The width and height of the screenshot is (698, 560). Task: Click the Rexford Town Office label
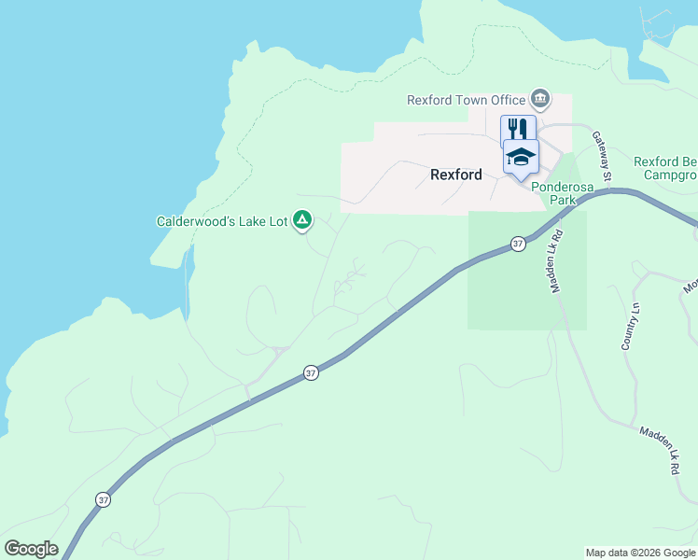point(467,100)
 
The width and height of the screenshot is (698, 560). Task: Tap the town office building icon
point(539,98)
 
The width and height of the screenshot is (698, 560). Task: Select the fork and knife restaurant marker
point(518,128)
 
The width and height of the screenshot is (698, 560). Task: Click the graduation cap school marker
point(521,156)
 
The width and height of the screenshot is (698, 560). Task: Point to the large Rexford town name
point(456,175)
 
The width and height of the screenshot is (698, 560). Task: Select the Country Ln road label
point(632,327)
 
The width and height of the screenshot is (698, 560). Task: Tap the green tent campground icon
point(302,220)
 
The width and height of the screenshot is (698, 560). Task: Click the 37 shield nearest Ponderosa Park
point(518,244)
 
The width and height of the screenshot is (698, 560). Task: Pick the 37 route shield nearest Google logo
point(103,499)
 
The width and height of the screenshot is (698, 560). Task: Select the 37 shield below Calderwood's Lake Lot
point(311,372)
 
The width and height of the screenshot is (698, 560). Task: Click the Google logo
point(31,549)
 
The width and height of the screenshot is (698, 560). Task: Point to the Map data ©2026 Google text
point(640,553)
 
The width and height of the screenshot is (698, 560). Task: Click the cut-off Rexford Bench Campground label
point(665,168)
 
